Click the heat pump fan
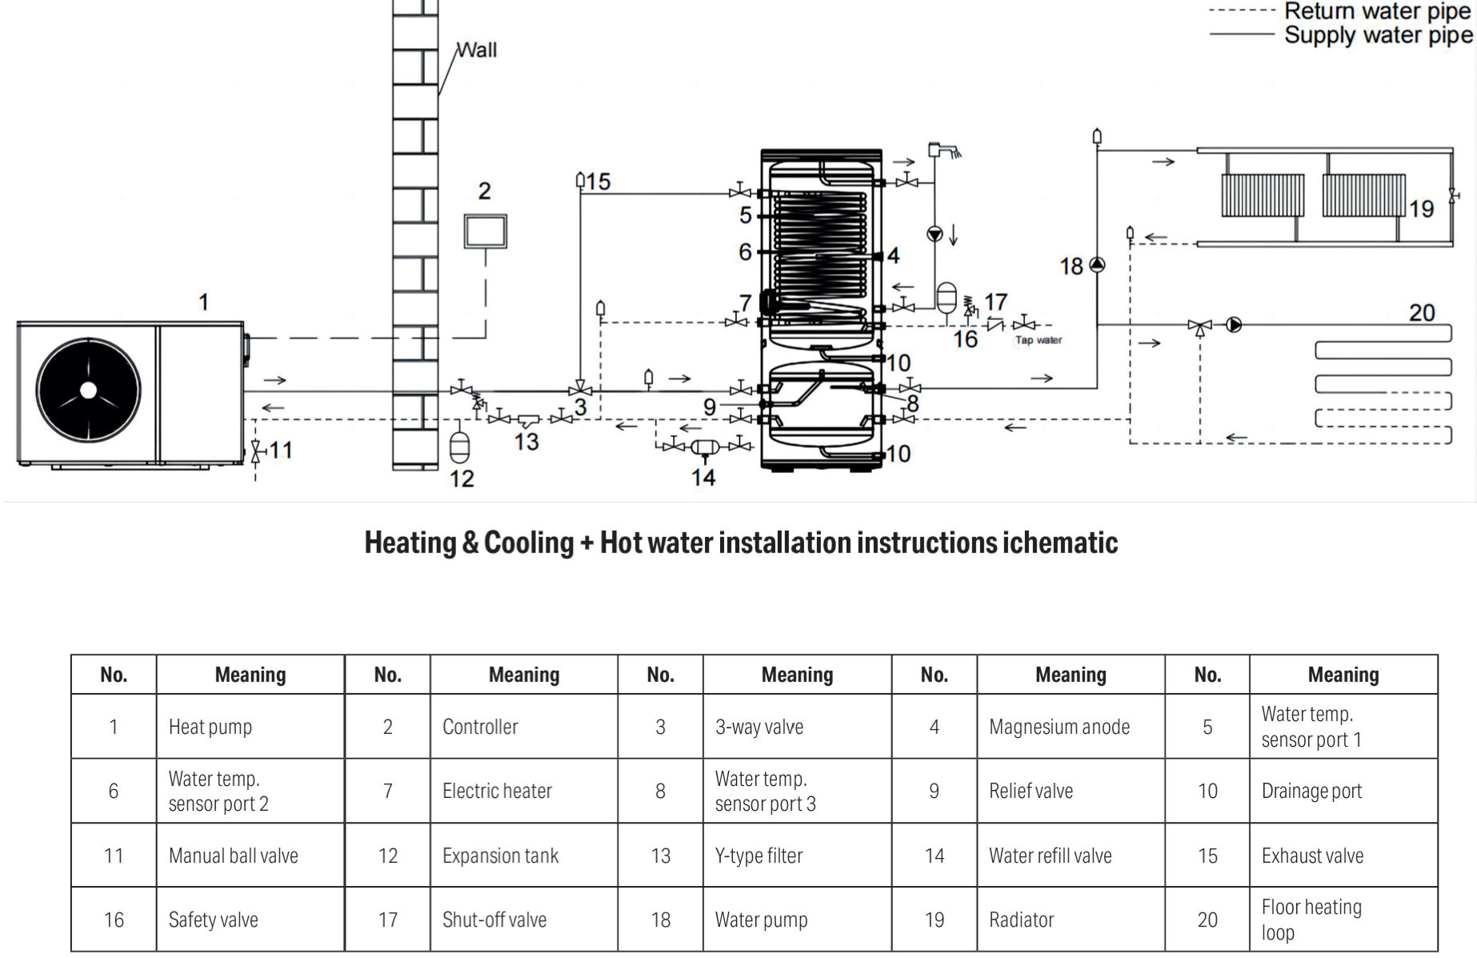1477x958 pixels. coord(88,390)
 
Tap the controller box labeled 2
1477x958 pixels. coord(485,230)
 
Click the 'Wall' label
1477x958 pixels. coord(478,50)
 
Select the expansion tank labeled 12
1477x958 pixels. coord(460,447)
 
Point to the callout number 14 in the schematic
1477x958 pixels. coord(703,478)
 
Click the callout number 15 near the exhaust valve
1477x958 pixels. coord(598,182)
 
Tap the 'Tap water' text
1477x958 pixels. coord(1039,340)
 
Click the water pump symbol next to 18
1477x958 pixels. coord(1097,265)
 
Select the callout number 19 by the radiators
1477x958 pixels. coord(1421,209)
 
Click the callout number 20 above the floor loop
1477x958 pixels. coord(1422,312)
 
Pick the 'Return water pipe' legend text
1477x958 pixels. coord(1378,11)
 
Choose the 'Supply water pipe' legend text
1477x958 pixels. coord(1378,35)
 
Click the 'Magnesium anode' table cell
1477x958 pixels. coord(1059,727)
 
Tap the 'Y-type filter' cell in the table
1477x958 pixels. coord(759,856)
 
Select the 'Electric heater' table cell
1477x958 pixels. coord(497,791)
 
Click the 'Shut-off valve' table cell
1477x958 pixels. coord(494,920)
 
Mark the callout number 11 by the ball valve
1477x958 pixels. coord(280,450)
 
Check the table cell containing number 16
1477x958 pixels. coord(114,920)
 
